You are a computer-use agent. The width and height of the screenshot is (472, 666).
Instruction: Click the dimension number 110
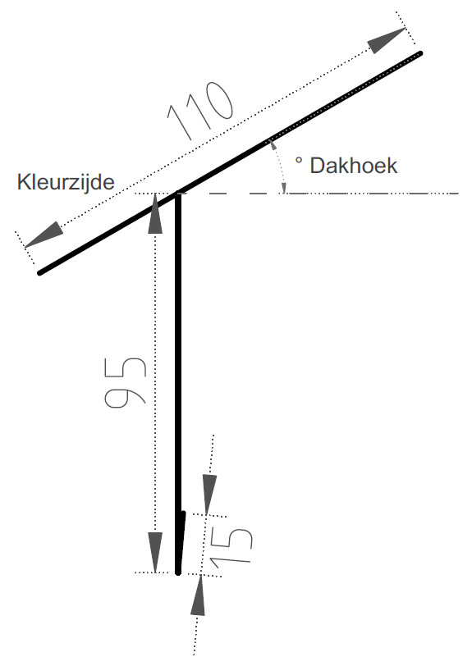(201, 111)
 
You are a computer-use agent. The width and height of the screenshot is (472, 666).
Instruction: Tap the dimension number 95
(126, 383)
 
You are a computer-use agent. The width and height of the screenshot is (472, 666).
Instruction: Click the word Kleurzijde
(66, 182)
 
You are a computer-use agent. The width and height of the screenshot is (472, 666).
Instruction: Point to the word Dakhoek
(353, 166)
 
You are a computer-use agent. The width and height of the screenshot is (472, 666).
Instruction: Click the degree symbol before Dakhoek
(299, 161)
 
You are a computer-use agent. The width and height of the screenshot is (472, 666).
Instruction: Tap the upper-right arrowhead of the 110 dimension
(386, 40)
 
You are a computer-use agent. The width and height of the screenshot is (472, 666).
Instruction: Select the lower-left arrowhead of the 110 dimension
(44, 235)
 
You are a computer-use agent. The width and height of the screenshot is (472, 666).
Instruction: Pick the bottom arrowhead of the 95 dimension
(155, 552)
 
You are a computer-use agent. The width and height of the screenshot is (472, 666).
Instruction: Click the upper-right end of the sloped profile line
(420, 53)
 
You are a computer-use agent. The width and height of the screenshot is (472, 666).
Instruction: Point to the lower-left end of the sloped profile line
(40, 273)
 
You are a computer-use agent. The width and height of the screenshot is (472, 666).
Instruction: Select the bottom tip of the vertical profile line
(178, 572)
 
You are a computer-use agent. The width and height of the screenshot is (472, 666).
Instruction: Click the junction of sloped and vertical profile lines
(178, 194)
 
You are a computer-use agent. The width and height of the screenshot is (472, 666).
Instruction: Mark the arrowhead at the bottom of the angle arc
(284, 188)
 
